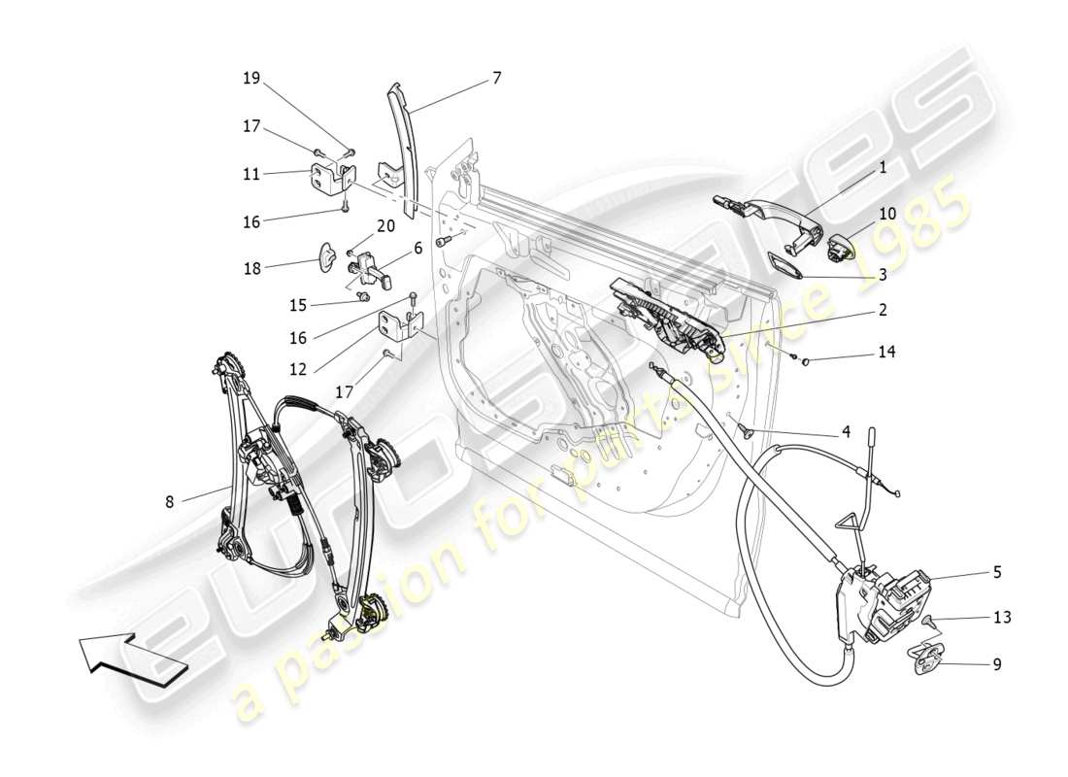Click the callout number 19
[251, 79]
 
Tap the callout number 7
[496, 78]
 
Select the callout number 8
[170, 502]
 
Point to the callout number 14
[886, 353]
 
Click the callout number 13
[1002, 617]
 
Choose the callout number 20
[385, 226]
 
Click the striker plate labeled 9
[930, 659]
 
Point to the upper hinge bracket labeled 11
[333, 179]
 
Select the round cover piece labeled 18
[330, 258]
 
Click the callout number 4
[846, 431]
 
